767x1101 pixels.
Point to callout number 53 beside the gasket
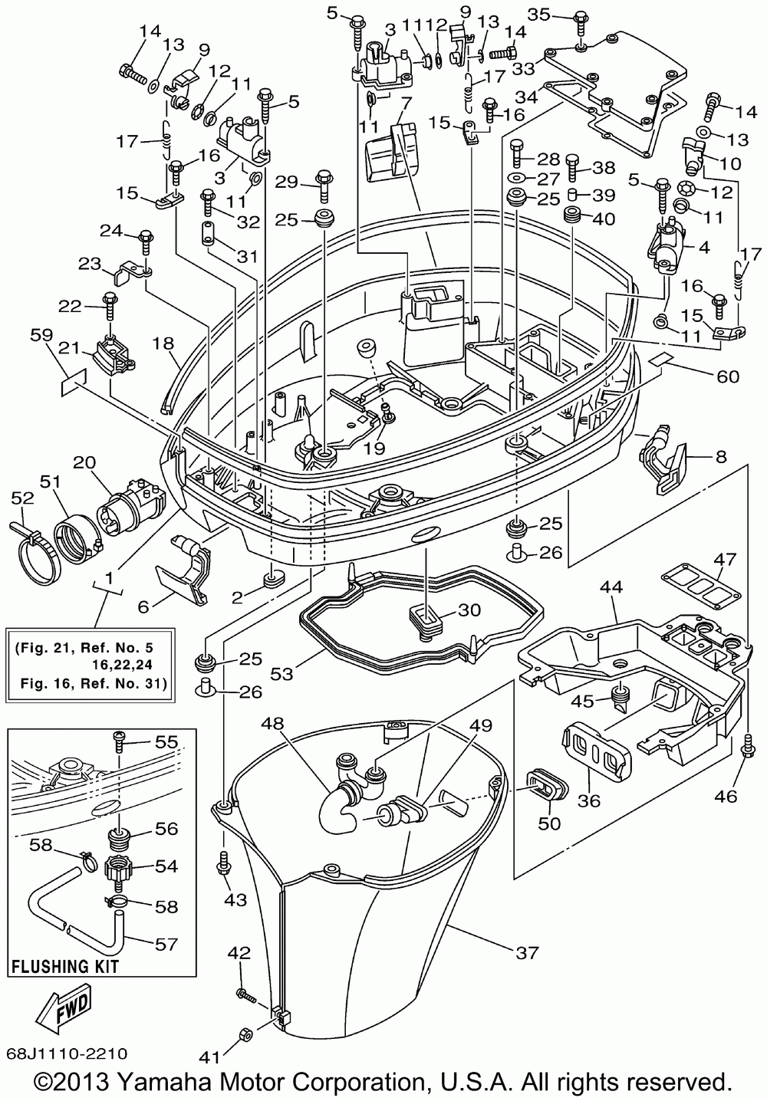click(281, 673)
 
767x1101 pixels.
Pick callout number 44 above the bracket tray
click(611, 587)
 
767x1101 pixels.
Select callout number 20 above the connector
click(84, 462)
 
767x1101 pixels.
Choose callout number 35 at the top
click(540, 15)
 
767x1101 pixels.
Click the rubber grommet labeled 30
click(426, 620)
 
